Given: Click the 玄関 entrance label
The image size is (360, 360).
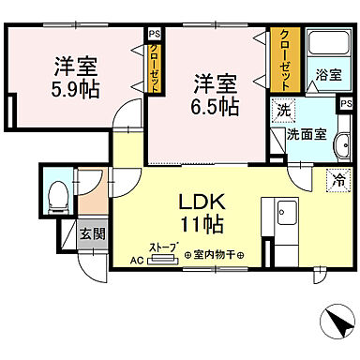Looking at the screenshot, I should pos(91,233).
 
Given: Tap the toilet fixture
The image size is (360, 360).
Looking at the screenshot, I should pos(56,195).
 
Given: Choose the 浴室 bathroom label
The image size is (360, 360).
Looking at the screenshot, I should pos(327,76).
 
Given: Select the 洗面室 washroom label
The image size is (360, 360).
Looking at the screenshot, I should pos(307,134).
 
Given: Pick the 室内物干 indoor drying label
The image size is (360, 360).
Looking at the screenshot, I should pos(214,255).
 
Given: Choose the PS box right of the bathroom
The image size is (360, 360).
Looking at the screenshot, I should pos(346,104).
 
